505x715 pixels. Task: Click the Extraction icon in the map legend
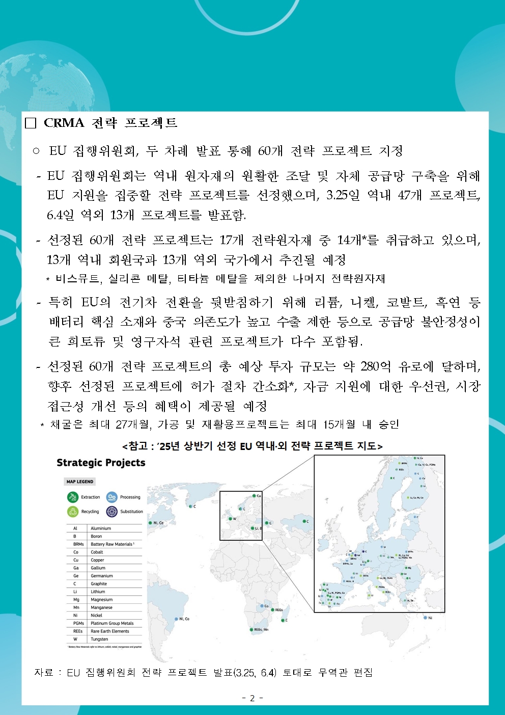pos(72,497)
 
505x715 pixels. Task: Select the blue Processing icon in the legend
pos(111,497)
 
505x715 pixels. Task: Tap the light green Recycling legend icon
pos(72,511)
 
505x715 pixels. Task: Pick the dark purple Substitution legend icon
pos(111,511)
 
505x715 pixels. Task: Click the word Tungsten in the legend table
pos(99,639)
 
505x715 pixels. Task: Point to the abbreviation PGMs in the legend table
pos(78,623)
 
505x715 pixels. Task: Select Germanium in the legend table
pos(102,576)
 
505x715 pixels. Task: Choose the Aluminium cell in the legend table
pos(101,528)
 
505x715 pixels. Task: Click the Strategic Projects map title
pos(101,463)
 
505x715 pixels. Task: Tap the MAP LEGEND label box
pos(80,482)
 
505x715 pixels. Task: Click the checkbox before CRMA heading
pos(31,123)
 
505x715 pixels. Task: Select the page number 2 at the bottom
pos(252,698)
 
